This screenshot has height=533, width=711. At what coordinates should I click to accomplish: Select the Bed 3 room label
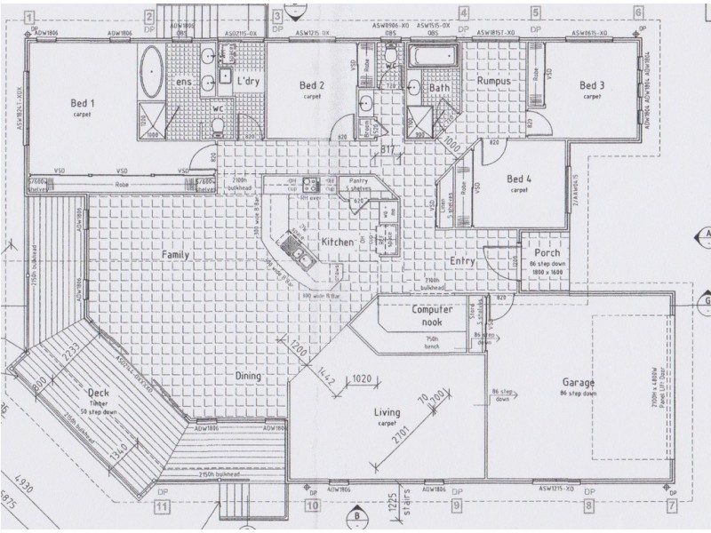click(x=592, y=85)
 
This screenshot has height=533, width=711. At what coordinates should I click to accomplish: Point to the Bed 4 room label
click(x=518, y=179)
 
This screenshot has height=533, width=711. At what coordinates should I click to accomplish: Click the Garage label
click(x=577, y=383)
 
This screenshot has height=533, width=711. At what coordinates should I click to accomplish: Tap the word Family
click(x=178, y=255)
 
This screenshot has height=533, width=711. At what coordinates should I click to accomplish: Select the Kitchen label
click(x=338, y=242)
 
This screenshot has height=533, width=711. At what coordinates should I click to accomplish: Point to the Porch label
click(x=542, y=253)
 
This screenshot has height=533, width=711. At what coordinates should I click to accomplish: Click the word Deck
click(x=98, y=393)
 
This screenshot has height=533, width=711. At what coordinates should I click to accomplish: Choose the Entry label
click(x=462, y=260)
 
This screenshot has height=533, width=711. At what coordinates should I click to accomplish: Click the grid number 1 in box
click(x=30, y=16)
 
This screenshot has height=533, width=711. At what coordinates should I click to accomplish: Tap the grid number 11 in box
click(x=161, y=507)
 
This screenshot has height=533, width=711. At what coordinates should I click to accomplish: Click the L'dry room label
click(x=247, y=81)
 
